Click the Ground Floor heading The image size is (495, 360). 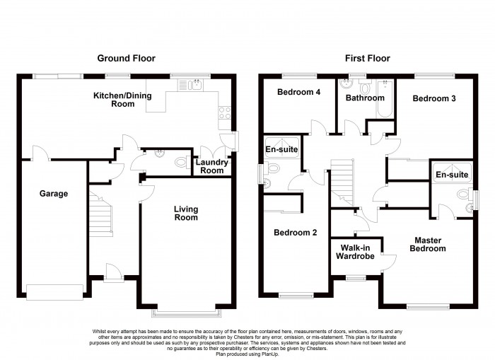(x=126, y=58)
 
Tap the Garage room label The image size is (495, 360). (x=54, y=193)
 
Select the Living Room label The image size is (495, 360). (x=187, y=213)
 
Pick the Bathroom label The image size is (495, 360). (x=365, y=98)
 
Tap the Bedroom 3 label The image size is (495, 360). (x=434, y=98)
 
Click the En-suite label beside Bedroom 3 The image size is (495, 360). (x=451, y=174)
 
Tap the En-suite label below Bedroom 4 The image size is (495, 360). (x=281, y=150)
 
